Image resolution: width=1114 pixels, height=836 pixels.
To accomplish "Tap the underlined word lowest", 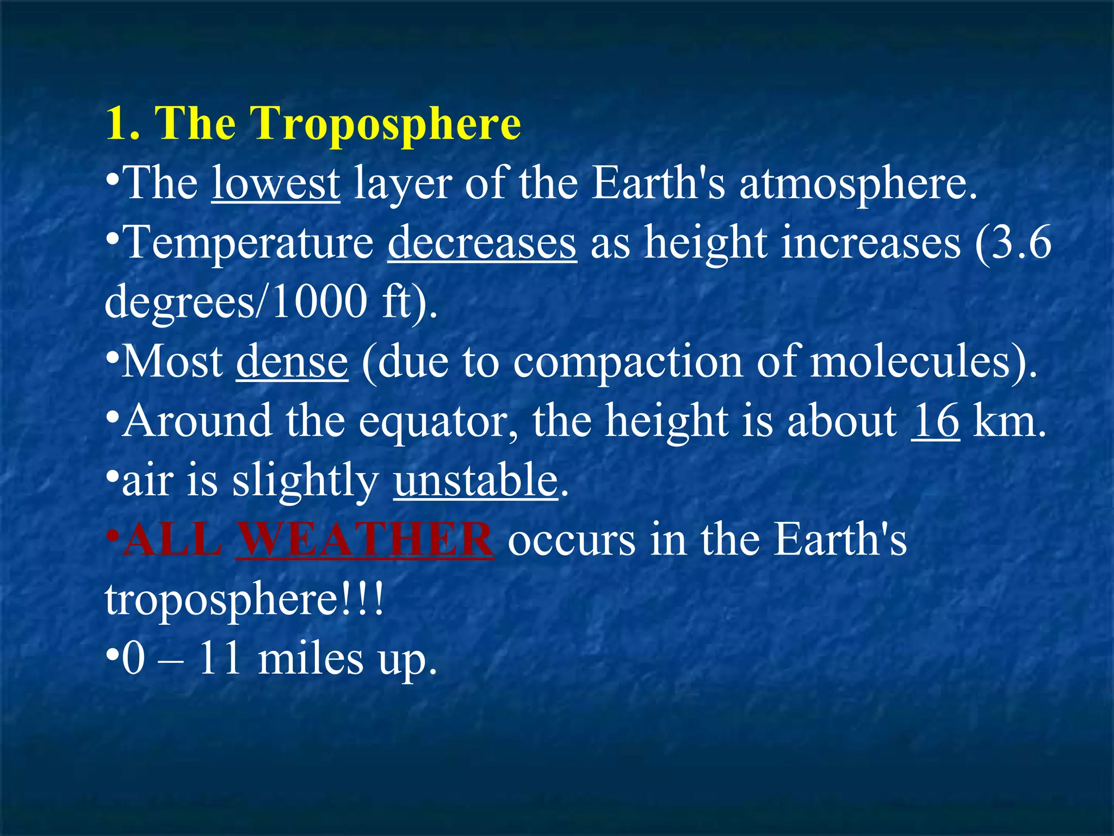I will point(276,183).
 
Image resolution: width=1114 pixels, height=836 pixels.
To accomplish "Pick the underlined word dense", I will point(292,362).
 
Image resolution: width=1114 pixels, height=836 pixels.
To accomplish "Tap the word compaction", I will point(628,362).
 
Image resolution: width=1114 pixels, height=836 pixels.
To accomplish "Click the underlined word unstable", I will point(476,481).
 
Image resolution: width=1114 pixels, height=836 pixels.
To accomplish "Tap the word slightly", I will point(305,482).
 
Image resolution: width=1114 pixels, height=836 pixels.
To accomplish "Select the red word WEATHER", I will point(365,540).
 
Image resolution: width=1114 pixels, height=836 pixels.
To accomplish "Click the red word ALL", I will point(173,540).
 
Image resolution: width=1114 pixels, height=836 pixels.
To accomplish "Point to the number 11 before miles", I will point(220,659).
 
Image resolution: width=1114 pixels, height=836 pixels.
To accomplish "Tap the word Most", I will point(172,362).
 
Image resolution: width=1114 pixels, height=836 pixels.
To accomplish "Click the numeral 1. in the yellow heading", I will point(122,124).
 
